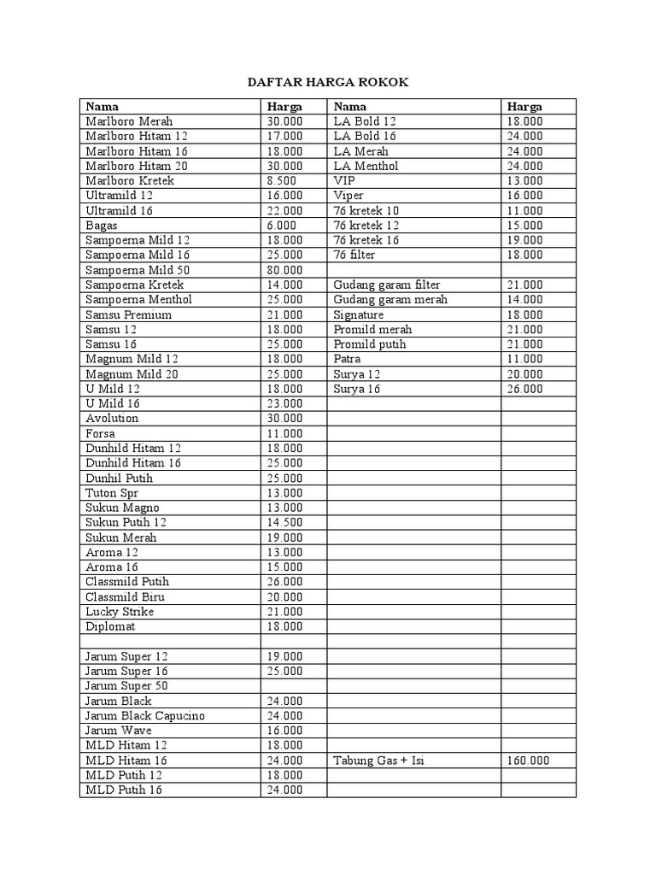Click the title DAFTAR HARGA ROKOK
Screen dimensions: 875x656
(x=328, y=82)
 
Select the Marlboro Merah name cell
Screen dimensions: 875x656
(x=129, y=121)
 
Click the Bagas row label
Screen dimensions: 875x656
(x=102, y=226)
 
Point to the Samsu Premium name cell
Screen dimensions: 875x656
(x=129, y=314)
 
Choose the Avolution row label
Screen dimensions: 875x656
(x=112, y=418)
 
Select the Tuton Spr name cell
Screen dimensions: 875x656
(x=112, y=493)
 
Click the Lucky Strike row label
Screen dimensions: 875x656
(x=120, y=612)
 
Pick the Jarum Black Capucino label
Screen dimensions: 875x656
(x=145, y=715)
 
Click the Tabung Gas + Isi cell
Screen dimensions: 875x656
(x=378, y=760)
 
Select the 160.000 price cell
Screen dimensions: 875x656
(x=528, y=760)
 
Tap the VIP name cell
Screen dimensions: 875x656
(x=343, y=181)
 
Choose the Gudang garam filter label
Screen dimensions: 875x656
(x=387, y=285)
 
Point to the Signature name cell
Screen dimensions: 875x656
(x=359, y=314)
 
